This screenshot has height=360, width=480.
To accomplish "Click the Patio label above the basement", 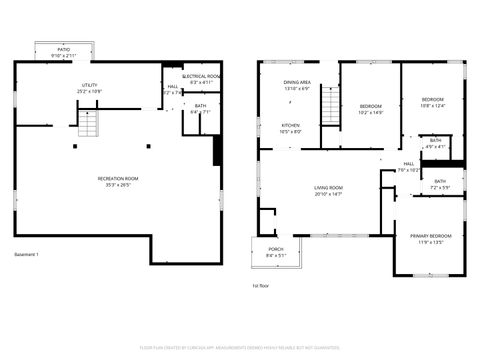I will click(x=63, y=52).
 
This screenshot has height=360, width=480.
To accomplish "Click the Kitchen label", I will click(x=290, y=128).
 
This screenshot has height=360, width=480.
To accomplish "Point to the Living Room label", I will click(x=329, y=190).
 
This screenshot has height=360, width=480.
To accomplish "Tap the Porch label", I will click(x=275, y=252).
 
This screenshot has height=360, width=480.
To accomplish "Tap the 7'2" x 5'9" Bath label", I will click(x=440, y=184).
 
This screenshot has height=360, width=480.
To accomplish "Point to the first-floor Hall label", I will click(x=408, y=166).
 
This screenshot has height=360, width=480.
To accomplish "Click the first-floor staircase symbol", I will click(x=329, y=108).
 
